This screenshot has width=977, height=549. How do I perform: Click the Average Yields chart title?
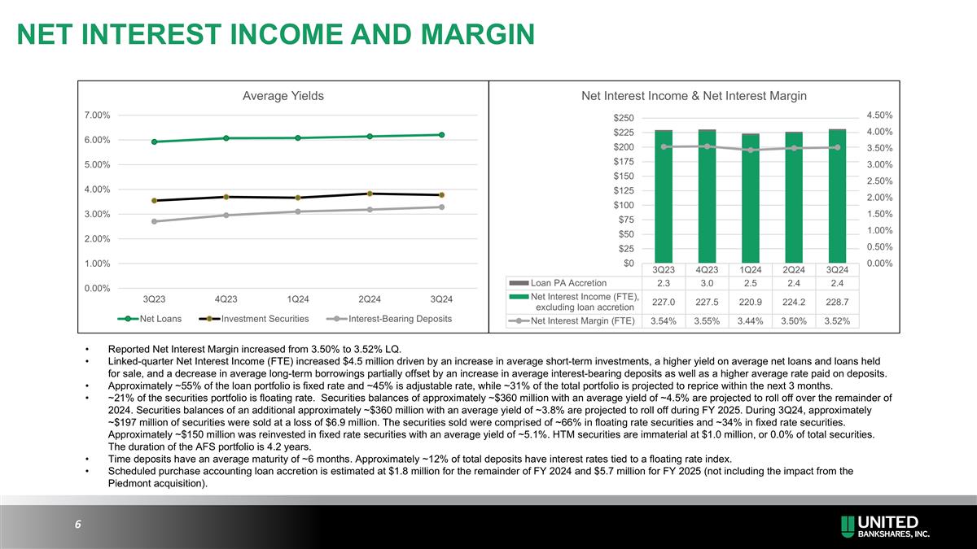coord(283,96)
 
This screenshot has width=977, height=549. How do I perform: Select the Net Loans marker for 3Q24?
coord(441,135)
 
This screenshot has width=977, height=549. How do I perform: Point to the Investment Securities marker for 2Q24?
coord(370,194)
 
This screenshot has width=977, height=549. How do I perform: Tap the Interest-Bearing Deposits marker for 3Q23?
coord(155,221)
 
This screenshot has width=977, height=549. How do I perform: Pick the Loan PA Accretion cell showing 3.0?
coord(707,284)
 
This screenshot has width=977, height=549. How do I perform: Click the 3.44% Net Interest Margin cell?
coord(750,320)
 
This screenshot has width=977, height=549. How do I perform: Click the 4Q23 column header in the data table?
coord(707,269)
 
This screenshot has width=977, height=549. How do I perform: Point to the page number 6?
coord(77,525)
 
